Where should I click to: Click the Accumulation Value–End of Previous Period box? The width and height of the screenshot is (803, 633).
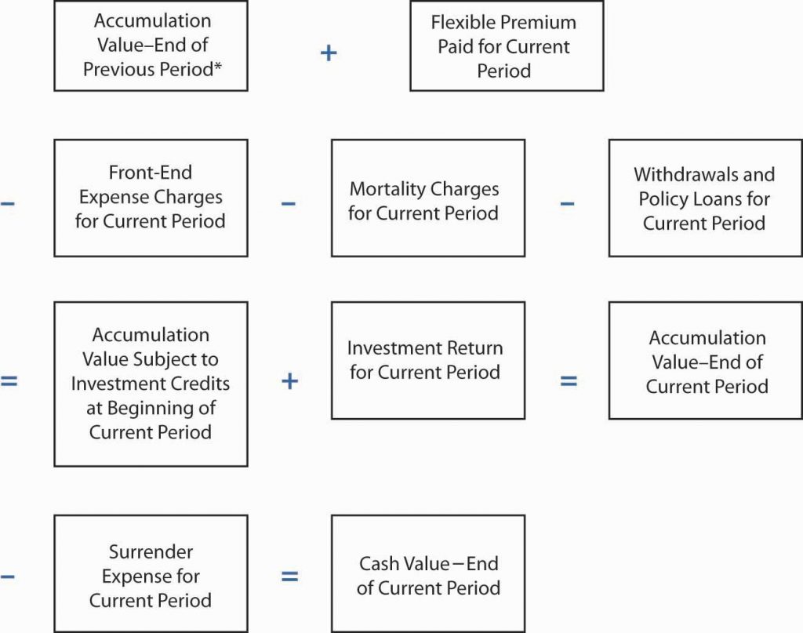tap(151, 45)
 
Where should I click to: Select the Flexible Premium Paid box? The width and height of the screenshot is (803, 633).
tap(506, 45)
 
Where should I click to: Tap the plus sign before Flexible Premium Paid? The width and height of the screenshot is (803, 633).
tap(329, 53)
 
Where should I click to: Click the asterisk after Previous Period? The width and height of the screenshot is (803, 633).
tap(219, 68)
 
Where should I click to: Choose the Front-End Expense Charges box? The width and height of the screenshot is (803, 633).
tap(151, 198)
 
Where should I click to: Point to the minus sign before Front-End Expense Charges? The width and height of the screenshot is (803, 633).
tap(7, 204)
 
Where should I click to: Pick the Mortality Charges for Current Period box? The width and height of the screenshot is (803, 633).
tap(427, 198)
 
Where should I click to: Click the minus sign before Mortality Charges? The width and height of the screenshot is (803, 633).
tap(289, 204)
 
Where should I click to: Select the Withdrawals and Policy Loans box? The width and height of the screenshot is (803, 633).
tap(705, 198)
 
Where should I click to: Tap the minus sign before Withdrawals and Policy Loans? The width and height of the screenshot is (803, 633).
tap(567, 204)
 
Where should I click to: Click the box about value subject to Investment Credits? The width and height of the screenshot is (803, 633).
tap(151, 384)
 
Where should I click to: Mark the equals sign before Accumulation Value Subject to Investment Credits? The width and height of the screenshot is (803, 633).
tap(9, 381)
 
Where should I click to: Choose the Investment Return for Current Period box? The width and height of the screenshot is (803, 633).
tap(427, 360)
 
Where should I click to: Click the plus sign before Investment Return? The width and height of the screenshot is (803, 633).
tap(289, 381)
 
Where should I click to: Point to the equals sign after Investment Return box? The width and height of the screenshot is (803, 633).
tap(568, 381)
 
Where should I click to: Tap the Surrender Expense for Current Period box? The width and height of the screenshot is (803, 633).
tap(151, 573)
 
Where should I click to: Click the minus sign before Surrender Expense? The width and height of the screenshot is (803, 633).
tap(7, 577)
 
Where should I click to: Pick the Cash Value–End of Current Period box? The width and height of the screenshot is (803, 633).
tap(427, 573)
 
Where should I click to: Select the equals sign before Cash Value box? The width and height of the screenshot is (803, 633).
tap(289, 577)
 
